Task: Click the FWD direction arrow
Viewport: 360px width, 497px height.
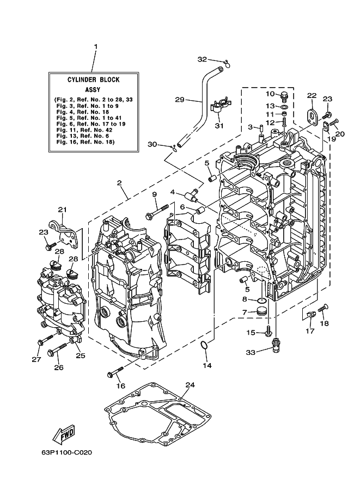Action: coord(63,434)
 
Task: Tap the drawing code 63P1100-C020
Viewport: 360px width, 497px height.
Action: coord(66,452)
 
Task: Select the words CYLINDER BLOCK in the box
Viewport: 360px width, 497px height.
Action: coord(94,79)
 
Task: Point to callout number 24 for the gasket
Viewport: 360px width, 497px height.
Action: coord(190,385)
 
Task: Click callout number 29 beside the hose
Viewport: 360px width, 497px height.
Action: coord(180,100)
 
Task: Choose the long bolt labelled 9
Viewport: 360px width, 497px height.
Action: coord(156,213)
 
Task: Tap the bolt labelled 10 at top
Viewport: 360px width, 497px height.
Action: coord(283,95)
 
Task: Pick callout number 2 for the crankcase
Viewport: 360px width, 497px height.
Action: coord(119,183)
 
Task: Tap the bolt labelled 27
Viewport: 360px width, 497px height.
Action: coord(45,340)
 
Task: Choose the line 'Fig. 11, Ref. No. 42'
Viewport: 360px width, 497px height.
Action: coord(84,130)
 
